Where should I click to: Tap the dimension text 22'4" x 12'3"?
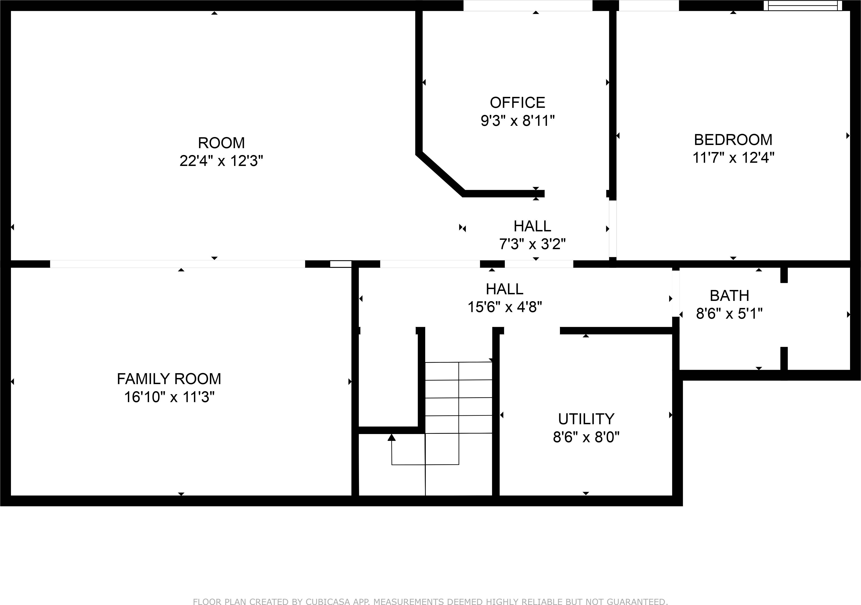[x=221, y=161]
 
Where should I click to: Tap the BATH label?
[x=729, y=296]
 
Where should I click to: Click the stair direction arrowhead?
[x=392, y=437]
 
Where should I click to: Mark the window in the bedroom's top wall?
[x=802, y=6]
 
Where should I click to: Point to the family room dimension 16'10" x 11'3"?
[x=169, y=397]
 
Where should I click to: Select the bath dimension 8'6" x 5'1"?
[x=729, y=314]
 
